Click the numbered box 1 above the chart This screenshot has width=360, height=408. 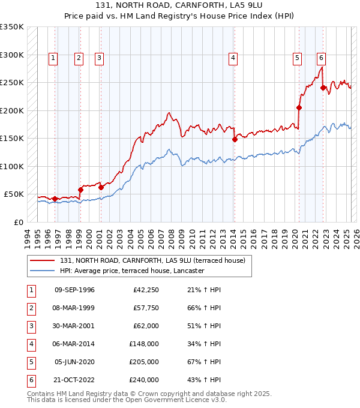pyautogui.click(x=53, y=58)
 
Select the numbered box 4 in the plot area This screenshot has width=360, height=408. pyautogui.click(x=232, y=58)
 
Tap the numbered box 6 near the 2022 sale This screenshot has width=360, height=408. pyautogui.click(x=322, y=58)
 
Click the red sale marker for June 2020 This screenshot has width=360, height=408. pyautogui.click(x=299, y=108)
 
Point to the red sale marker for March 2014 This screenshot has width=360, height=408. pyautogui.click(x=235, y=140)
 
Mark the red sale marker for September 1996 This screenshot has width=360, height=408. pyautogui.click(x=55, y=199)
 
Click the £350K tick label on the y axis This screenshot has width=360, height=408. pyautogui.click(x=12, y=27)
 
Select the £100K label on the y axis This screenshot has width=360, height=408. pyautogui.click(x=12, y=166)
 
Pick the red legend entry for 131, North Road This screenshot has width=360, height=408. pyautogui.click(x=152, y=260)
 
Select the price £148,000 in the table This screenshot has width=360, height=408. pyautogui.click(x=144, y=344)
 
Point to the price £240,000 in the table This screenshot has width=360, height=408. pyautogui.click(x=144, y=380)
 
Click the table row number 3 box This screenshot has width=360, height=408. pyautogui.click(x=30, y=326)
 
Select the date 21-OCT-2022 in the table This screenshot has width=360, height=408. pyautogui.click(x=74, y=380)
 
